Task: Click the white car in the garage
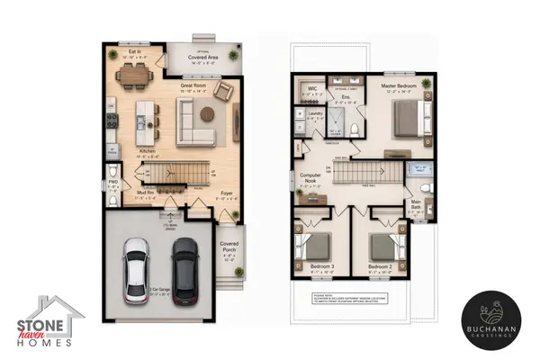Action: click(x=138, y=269)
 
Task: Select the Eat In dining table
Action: click(x=137, y=77)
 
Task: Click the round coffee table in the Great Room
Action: click(x=207, y=114)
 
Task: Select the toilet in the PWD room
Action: click(x=112, y=174)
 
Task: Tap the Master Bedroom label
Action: click(x=396, y=86)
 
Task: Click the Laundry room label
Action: click(x=315, y=114)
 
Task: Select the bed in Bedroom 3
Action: click(x=314, y=248)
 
